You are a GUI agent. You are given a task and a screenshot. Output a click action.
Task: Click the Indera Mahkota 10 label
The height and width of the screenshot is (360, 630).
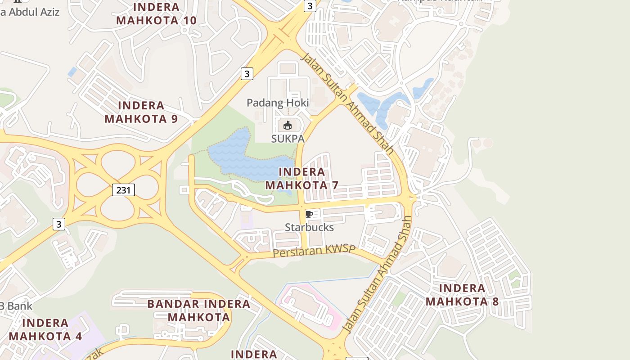click(156, 14)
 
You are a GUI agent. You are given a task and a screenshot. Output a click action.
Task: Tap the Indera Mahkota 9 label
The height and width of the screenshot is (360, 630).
click(141, 112)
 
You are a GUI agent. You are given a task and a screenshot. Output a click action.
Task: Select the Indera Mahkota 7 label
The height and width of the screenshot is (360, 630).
click(301, 178)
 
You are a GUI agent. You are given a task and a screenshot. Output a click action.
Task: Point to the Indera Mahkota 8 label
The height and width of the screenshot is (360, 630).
click(462, 295)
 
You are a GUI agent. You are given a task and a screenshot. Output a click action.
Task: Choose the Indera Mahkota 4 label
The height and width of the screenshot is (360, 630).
click(45, 329)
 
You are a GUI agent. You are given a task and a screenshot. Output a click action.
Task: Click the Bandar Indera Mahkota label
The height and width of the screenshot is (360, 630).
click(199, 310)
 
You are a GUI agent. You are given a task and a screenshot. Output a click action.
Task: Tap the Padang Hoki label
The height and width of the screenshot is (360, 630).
click(278, 103)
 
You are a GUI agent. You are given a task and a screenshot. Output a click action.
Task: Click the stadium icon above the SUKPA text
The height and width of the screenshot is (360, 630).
click(288, 125)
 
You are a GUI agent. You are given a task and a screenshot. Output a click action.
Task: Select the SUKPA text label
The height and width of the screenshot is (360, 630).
click(288, 139)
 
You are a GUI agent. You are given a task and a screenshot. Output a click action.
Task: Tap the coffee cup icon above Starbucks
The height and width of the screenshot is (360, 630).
click(309, 214)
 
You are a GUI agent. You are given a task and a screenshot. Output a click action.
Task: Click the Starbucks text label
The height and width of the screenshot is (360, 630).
click(310, 227)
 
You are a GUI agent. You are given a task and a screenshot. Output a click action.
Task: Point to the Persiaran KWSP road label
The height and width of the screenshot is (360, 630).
click(314, 251)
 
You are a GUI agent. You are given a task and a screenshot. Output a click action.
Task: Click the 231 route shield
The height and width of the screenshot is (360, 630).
click(123, 190)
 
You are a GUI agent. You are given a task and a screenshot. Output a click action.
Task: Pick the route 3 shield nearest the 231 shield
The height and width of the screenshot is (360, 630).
click(59, 224)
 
